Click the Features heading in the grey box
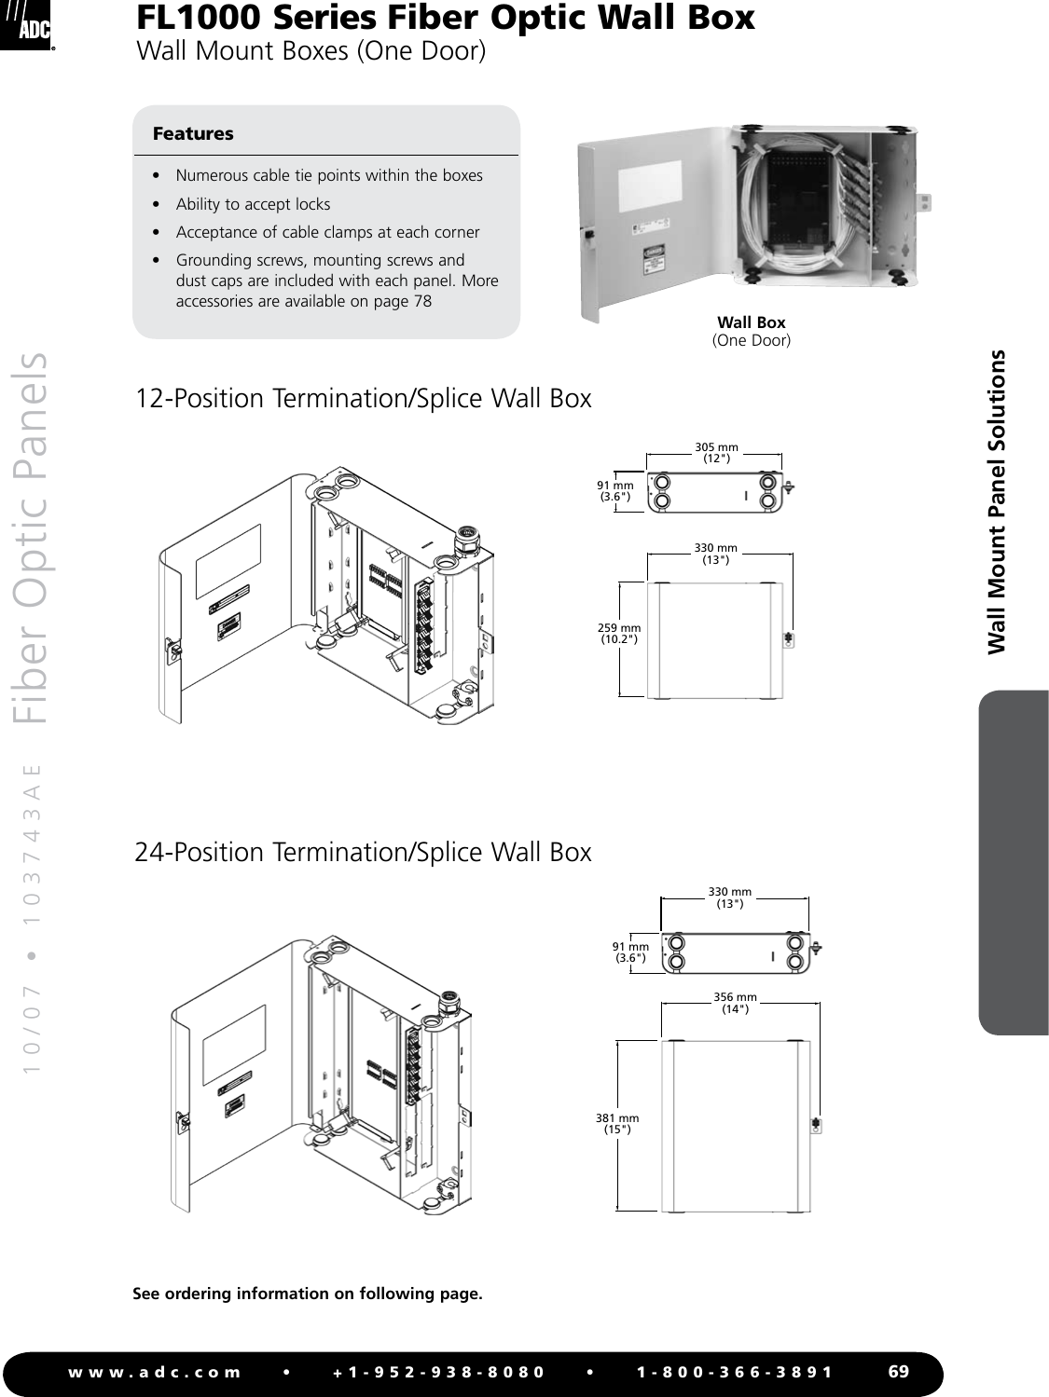point(193,133)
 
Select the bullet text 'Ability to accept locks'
point(253,204)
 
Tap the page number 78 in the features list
point(422,301)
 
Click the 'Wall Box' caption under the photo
point(751,322)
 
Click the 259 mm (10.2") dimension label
point(619,634)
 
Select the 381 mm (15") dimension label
point(617,1123)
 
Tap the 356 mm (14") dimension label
point(735,1002)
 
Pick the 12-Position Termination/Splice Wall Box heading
point(364,399)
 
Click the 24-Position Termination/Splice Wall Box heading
point(364,853)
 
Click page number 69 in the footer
point(898,1371)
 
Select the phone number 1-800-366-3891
point(735,1372)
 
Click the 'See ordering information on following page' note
point(308,1294)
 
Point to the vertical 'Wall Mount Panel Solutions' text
point(998,501)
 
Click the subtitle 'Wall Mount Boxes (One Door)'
point(311,50)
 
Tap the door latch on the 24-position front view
point(817,1125)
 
